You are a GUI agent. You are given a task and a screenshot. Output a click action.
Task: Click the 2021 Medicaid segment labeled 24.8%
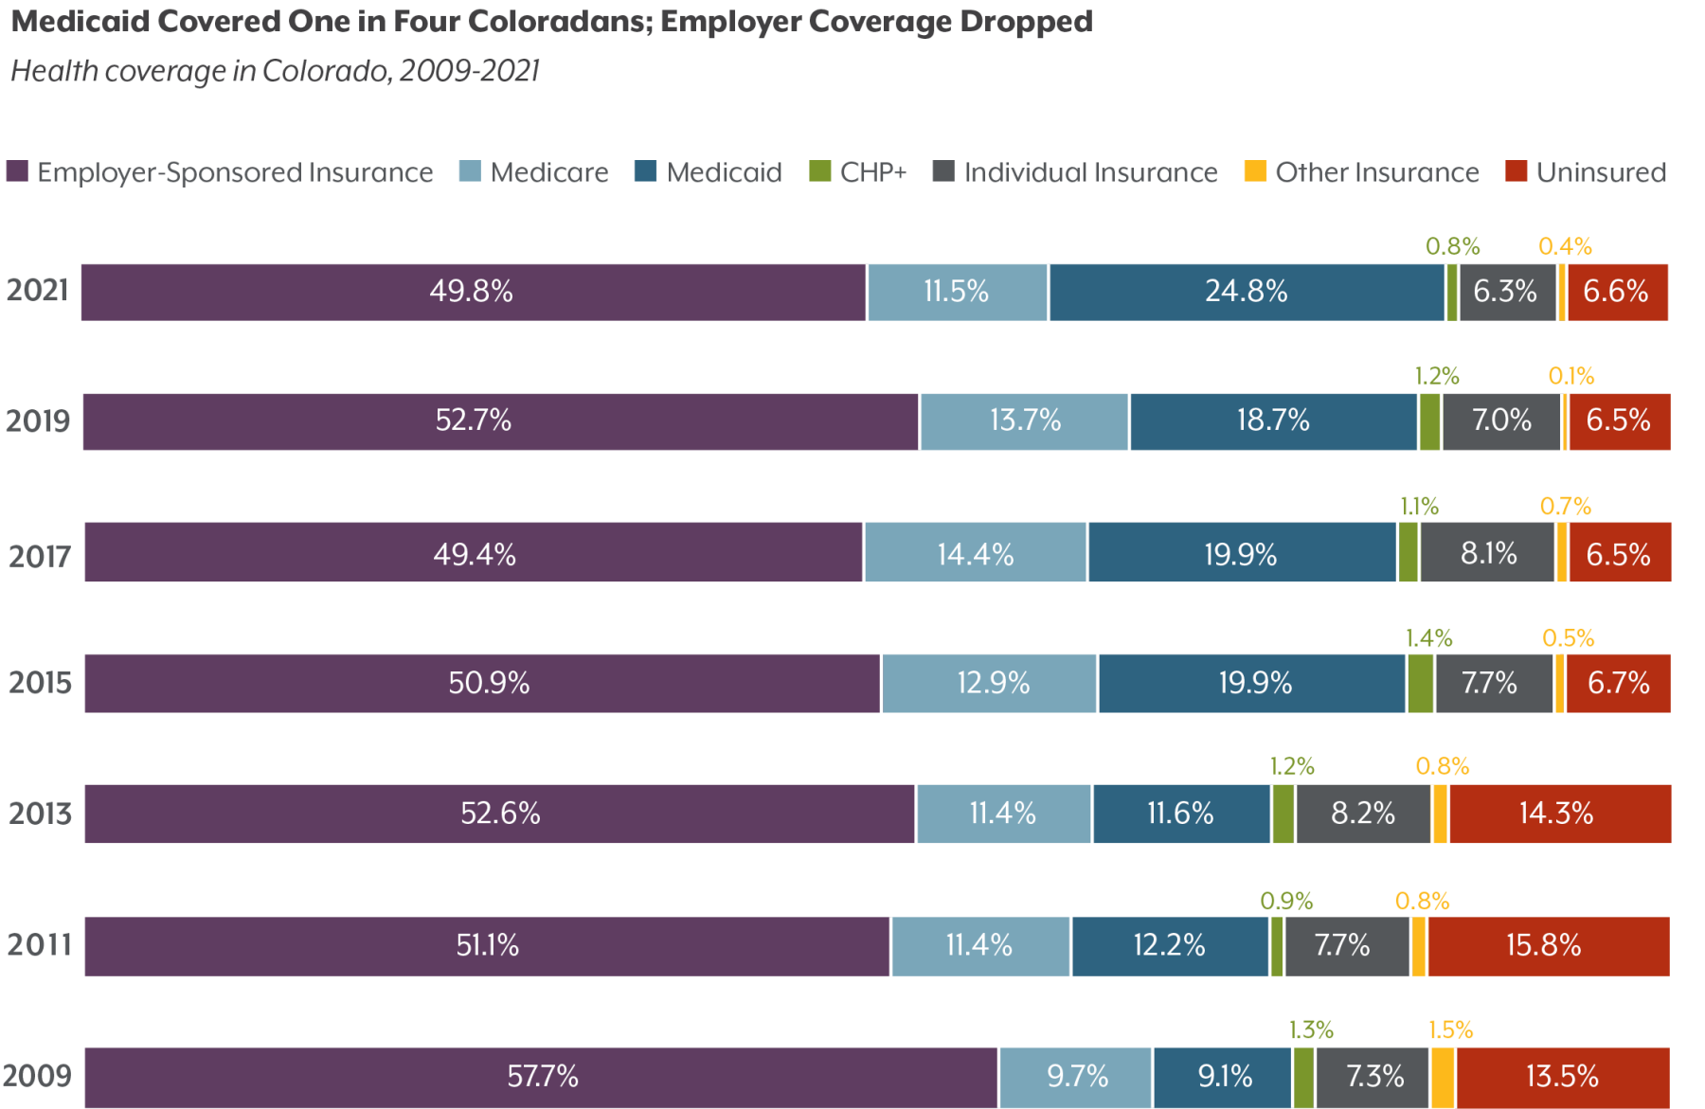click(1246, 292)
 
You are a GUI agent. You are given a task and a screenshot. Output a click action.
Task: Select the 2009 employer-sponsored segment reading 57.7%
click(542, 1077)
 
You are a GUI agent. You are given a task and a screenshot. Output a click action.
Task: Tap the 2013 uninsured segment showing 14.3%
click(1555, 814)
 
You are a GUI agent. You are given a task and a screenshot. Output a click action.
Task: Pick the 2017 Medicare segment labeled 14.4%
click(975, 554)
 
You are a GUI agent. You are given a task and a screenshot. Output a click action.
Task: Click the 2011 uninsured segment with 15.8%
click(1543, 945)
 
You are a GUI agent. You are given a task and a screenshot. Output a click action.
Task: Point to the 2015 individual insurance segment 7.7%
click(1489, 683)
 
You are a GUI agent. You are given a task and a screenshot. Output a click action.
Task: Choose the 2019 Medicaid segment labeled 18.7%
click(1272, 420)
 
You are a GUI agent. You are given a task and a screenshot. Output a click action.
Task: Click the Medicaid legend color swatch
click(645, 171)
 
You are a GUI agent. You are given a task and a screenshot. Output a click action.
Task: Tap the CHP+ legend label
click(872, 172)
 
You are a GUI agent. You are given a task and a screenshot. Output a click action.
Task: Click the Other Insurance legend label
click(1376, 172)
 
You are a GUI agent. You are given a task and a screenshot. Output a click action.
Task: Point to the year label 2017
click(40, 556)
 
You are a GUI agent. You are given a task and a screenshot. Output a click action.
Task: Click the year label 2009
click(38, 1076)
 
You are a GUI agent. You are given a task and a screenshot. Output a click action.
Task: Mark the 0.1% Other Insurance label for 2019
click(1570, 376)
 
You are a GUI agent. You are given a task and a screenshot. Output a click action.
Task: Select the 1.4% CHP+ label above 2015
click(1428, 638)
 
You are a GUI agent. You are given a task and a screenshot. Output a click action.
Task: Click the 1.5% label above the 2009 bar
click(1450, 1030)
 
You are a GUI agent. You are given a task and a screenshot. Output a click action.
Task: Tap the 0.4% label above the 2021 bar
click(1565, 246)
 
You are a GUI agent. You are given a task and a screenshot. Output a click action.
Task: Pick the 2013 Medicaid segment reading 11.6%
click(1179, 814)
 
